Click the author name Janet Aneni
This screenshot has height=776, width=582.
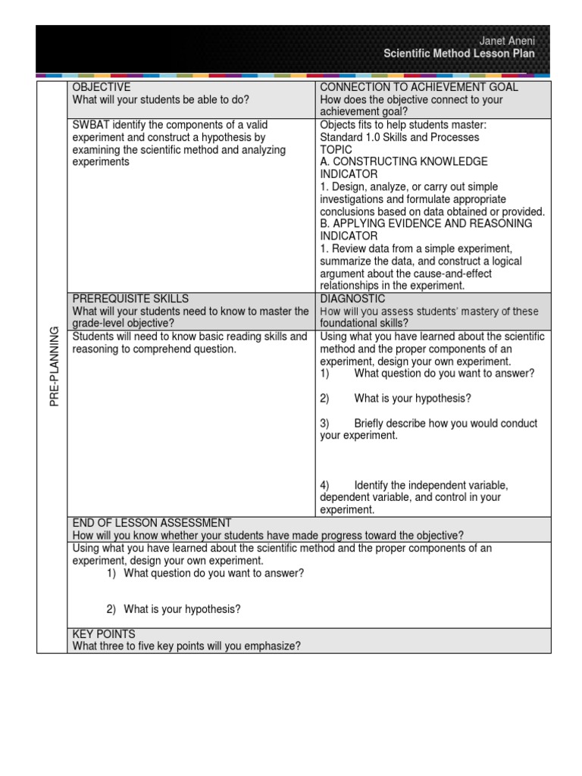pyautogui.click(x=508, y=41)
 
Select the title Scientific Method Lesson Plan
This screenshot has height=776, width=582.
pyautogui.click(x=459, y=54)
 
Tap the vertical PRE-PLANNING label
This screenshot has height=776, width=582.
pyautogui.click(x=54, y=367)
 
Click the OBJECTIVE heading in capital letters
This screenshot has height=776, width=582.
pyautogui.click(x=102, y=87)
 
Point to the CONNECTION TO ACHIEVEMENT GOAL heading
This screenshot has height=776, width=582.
pyautogui.click(x=419, y=87)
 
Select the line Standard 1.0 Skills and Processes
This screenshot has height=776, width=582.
pyautogui.click(x=399, y=137)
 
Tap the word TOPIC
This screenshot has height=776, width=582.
pyautogui.click(x=336, y=150)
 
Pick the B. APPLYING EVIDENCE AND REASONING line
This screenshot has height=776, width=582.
pyautogui.click(x=426, y=224)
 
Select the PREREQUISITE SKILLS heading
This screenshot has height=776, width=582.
pyautogui.click(x=130, y=299)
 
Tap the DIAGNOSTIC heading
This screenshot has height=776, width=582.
pyautogui.click(x=352, y=299)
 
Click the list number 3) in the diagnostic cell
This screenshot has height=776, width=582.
pyautogui.click(x=325, y=424)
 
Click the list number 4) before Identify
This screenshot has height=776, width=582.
pyautogui.click(x=325, y=485)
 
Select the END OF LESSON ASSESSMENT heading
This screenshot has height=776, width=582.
pyautogui.click(x=152, y=523)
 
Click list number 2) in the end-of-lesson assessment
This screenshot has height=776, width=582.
pyautogui.click(x=111, y=609)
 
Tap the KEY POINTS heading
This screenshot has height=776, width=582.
pyautogui.click(x=104, y=634)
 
